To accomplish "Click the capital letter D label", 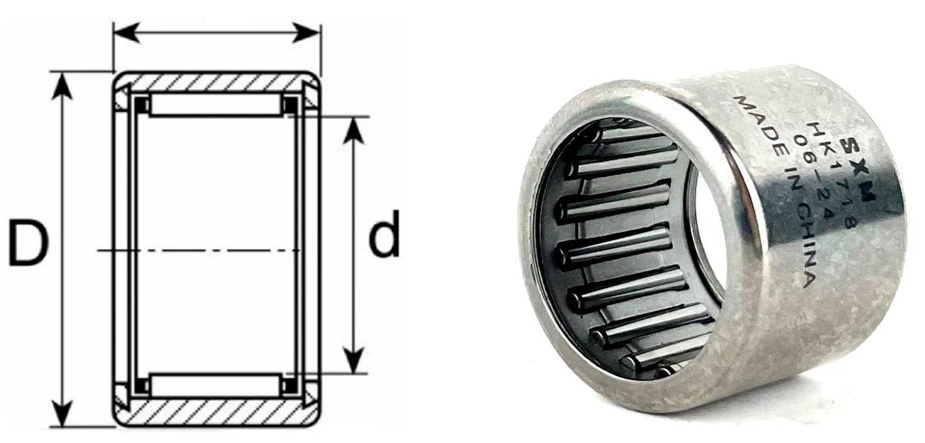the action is (x=28, y=243).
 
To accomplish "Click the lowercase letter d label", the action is (x=384, y=234).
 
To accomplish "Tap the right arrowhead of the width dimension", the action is (x=306, y=33).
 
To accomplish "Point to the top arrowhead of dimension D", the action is (x=62, y=86).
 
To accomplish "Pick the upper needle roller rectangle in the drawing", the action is (x=216, y=105).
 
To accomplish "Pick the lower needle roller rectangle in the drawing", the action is (x=216, y=385).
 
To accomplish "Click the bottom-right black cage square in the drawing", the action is (x=291, y=386).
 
